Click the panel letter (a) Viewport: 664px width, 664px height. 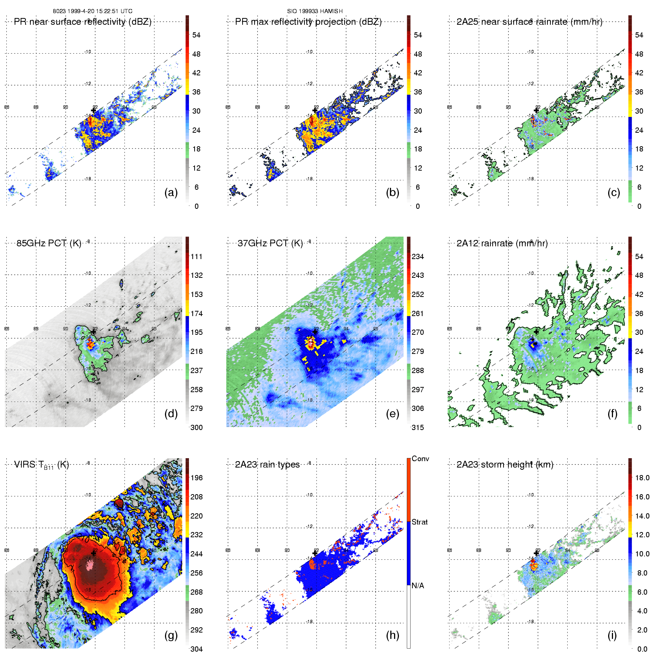click(x=171, y=193)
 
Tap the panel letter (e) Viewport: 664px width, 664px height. click(x=393, y=414)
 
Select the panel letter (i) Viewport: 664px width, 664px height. click(x=612, y=636)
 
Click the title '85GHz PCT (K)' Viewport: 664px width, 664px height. click(x=49, y=243)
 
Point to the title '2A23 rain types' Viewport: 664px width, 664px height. click(x=267, y=465)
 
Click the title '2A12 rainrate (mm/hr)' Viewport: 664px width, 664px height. click(x=502, y=243)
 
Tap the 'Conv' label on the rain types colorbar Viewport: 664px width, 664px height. click(x=420, y=459)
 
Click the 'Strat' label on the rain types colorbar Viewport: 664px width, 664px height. click(x=420, y=522)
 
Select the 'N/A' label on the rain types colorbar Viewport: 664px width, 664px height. click(x=418, y=586)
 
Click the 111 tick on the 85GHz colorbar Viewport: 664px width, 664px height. click(x=196, y=256)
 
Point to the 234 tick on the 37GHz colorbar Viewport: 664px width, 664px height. click(x=418, y=256)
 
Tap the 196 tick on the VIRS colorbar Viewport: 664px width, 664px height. click(x=196, y=478)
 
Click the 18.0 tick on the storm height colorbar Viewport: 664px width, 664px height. click(x=642, y=478)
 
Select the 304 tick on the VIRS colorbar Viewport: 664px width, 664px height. click(x=196, y=649)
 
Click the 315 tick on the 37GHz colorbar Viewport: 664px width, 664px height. click(x=418, y=427)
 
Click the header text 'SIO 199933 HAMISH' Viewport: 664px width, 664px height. click(x=315, y=11)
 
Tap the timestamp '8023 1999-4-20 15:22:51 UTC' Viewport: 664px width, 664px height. click(x=93, y=11)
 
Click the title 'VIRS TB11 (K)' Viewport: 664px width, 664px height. click(x=41, y=465)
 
